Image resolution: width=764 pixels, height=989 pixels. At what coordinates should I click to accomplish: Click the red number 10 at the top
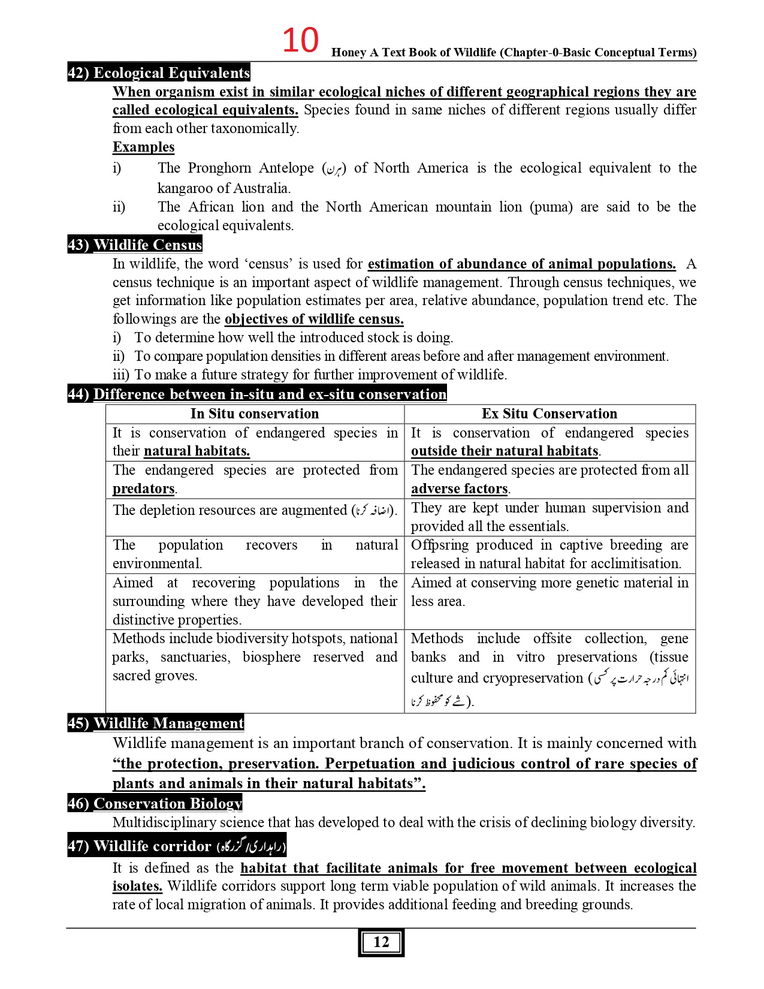(x=300, y=41)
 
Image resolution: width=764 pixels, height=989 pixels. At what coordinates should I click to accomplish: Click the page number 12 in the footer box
(x=381, y=942)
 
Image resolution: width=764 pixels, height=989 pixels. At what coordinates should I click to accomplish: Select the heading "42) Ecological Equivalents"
(x=159, y=73)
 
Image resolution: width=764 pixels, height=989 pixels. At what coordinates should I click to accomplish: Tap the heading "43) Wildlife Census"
(x=135, y=245)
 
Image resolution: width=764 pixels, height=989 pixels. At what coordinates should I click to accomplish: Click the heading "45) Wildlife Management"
(x=156, y=723)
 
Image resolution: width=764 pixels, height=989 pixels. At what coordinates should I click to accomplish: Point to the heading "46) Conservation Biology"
(x=155, y=803)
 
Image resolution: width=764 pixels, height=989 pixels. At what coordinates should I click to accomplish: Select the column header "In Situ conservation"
(x=255, y=414)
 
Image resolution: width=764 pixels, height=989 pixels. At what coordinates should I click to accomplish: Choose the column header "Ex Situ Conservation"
(x=549, y=414)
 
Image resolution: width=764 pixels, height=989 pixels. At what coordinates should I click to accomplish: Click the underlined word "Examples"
(x=143, y=147)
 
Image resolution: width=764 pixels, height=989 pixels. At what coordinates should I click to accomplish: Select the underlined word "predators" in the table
(x=144, y=489)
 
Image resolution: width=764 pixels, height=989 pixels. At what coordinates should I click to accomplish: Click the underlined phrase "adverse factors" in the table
(x=459, y=489)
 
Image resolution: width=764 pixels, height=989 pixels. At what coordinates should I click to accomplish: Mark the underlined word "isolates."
(x=137, y=886)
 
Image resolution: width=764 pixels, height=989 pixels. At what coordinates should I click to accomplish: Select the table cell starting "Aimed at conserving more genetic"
(x=549, y=592)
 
